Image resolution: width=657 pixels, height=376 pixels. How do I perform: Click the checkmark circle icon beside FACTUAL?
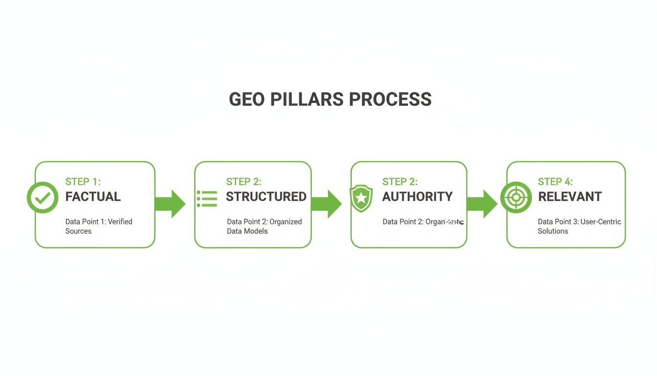click(x=43, y=197)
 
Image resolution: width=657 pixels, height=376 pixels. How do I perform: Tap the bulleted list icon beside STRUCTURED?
click(x=207, y=199)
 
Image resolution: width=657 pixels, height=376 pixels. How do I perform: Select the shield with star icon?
click(x=361, y=198)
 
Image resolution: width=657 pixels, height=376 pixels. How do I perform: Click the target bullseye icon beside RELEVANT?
click(x=516, y=197)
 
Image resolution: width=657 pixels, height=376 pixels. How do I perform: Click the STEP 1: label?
click(x=83, y=182)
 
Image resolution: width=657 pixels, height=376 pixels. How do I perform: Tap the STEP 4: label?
click(x=555, y=182)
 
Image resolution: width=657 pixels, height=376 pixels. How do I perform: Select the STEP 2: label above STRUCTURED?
click(x=243, y=182)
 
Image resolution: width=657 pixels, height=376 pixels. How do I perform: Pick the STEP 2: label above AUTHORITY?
click(x=400, y=182)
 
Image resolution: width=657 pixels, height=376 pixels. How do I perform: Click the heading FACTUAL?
click(x=93, y=197)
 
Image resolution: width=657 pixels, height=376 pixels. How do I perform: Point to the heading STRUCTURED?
click(x=266, y=197)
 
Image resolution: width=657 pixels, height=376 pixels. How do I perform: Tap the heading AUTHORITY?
click(x=417, y=197)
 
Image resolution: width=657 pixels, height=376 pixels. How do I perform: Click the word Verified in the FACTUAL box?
click(x=120, y=222)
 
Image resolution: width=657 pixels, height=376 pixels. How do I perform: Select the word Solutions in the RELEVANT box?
click(x=553, y=231)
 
